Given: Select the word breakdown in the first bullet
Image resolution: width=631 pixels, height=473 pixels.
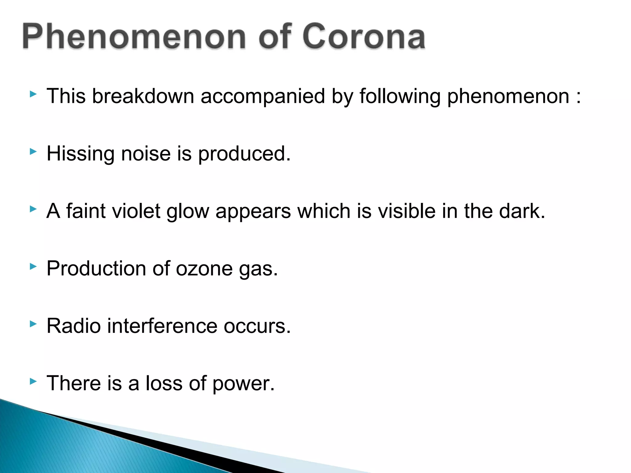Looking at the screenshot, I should coord(143,96).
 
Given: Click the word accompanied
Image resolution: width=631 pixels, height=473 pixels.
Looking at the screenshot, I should coord(263,96).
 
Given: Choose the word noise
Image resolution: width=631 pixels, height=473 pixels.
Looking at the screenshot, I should coord(146,154).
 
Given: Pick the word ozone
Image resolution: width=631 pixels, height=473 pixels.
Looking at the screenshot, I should coord(204,269).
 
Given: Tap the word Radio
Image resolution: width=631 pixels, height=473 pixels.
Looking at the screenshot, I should coord(74,326).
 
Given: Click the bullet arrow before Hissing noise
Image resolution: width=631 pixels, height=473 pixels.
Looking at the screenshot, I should coord(33,152).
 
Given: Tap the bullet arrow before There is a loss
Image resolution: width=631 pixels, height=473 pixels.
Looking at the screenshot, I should coord(33,382).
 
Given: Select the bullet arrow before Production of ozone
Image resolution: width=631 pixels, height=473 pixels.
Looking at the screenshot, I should coord(33,266).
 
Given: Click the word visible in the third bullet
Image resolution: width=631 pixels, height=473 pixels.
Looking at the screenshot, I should coord(406,211).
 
